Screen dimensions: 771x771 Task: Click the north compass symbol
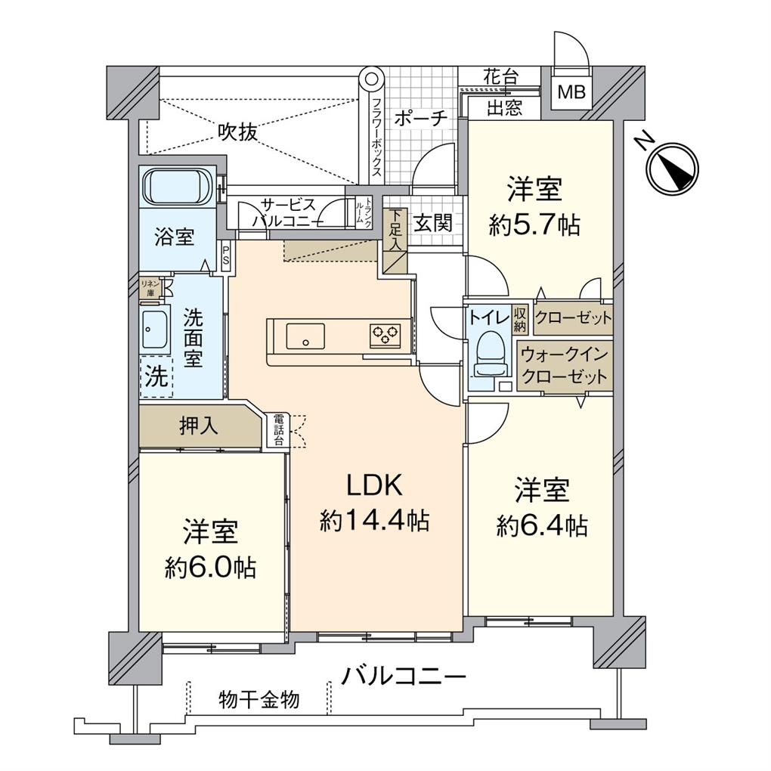coord(672,167)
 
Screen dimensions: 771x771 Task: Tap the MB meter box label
coord(571,91)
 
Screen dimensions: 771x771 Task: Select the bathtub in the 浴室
coord(177,187)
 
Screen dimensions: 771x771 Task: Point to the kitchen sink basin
coord(305,336)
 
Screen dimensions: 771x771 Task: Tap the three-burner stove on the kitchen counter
coord(385,336)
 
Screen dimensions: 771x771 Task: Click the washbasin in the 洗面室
coord(154,329)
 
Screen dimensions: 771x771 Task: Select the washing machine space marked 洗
coord(157,376)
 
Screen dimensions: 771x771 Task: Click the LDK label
coord(375,485)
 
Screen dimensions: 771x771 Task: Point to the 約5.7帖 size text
coord(534,225)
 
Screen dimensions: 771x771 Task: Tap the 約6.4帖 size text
coord(542,526)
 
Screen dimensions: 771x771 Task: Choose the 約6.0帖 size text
coord(210,568)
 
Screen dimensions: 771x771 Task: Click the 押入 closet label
coord(199,426)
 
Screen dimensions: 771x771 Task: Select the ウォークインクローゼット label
coord(565,366)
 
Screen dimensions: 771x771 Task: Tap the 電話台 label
coord(279,430)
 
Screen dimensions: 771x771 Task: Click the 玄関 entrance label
coord(432,224)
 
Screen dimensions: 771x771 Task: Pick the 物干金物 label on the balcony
coord(259,699)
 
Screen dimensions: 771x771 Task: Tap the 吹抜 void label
coord(238,132)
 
